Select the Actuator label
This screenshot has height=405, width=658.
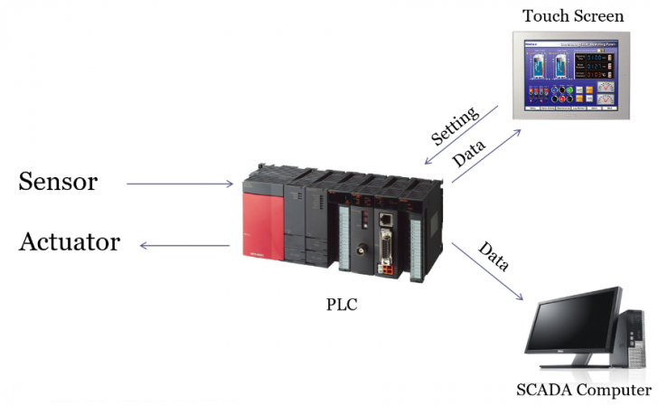click(x=70, y=242)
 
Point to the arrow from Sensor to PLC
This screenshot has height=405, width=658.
click(x=180, y=184)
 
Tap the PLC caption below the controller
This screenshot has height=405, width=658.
click(x=342, y=305)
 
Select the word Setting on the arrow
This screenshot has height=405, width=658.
click(x=454, y=125)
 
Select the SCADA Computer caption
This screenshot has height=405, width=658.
click(x=583, y=391)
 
